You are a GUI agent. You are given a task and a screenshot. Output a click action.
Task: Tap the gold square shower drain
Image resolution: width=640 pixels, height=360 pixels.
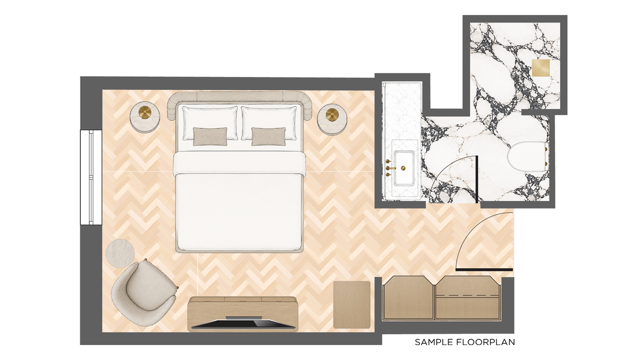coord(541,68)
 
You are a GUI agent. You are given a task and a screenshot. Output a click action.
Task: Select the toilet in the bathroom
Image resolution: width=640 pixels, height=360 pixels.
coord(528,156)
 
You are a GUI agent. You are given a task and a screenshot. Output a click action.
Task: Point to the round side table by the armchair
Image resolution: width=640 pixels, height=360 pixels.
coord(120,253)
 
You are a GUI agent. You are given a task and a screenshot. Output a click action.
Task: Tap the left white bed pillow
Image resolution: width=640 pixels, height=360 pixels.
coord(210,123)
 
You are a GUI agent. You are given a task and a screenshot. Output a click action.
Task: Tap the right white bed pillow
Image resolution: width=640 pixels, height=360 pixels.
coord(269,123)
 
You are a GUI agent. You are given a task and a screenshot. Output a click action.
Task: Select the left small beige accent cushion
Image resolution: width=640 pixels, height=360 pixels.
coord(210,136)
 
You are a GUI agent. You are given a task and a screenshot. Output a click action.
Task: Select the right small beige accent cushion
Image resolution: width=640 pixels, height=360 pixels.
coord(268,136)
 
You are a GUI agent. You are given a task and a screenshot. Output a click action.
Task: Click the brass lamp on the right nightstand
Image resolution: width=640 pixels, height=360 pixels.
coord(332,115)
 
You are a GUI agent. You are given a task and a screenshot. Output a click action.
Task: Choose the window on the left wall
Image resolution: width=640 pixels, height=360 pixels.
coord(91,177)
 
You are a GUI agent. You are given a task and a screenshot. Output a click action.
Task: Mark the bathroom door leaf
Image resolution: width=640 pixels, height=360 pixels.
coord(477,180)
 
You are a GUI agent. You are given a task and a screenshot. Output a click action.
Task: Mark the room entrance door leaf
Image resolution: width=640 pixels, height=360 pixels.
coord(484,270)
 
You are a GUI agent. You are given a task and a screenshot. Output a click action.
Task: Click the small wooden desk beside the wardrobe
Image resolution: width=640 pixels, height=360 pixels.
coord(352,305)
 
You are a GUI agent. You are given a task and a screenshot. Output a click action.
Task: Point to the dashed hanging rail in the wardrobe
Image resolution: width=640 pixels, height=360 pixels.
coord(467,295)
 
